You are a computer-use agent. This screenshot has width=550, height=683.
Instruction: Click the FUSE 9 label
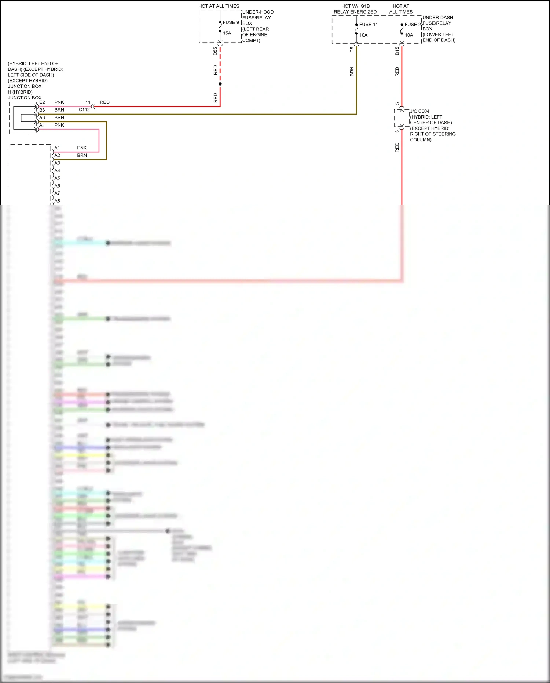pos(231,22)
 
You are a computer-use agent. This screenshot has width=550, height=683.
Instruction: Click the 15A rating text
pos(227,33)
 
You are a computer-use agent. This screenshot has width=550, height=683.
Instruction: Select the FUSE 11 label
pos(368,25)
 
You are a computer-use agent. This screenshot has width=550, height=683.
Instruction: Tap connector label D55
pos(215,51)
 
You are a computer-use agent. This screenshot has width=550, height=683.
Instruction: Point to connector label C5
pos(352,50)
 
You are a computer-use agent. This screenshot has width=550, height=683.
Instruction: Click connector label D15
pos(397,51)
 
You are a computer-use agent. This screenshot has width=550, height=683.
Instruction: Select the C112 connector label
pos(84,110)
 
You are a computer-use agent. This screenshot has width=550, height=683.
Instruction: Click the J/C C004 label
pos(419,111)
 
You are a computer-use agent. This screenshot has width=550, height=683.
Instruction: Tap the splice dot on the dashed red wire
pos(220,84)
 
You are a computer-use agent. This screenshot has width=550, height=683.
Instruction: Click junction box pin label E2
pos(42,102)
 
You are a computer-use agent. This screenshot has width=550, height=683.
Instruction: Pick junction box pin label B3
pos(42,110)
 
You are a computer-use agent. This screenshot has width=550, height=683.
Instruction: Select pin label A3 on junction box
pos(42,117)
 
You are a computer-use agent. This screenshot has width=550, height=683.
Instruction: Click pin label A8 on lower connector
pos(57,201)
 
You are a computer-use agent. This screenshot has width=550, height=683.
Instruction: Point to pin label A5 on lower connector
pos(57,178)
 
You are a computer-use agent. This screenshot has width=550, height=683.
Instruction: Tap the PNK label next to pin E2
pos(59,102)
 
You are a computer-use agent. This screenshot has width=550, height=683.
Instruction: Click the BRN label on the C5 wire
pos(352,71)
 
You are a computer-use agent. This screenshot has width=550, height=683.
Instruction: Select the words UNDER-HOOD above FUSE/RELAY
pos(258,12)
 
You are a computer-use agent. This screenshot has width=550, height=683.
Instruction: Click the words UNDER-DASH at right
pos(437,18)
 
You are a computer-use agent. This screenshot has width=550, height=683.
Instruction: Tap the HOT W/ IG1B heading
pos(355,6)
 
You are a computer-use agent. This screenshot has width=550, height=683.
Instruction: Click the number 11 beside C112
pos(88,102)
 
